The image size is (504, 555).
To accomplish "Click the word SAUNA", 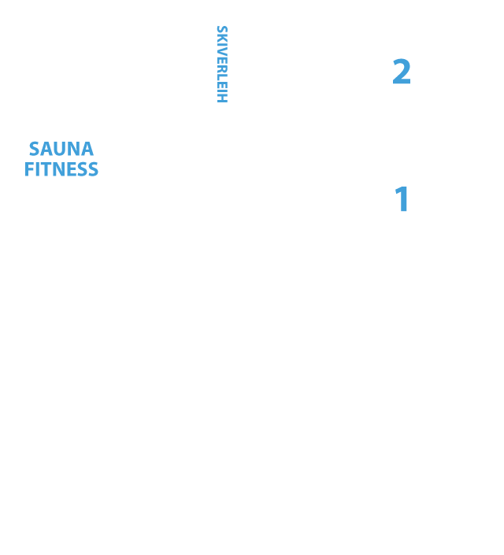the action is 61,149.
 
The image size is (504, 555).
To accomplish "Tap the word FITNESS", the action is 61,169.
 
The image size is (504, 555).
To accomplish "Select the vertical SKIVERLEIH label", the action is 222,64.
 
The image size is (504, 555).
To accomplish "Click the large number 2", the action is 402,72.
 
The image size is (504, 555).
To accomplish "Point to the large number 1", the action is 402,199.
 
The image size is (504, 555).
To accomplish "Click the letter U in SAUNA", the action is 61,149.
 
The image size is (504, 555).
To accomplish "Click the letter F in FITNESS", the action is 28,169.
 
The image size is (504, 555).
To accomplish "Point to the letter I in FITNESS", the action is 36,169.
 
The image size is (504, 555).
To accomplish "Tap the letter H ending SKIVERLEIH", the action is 222,98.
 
